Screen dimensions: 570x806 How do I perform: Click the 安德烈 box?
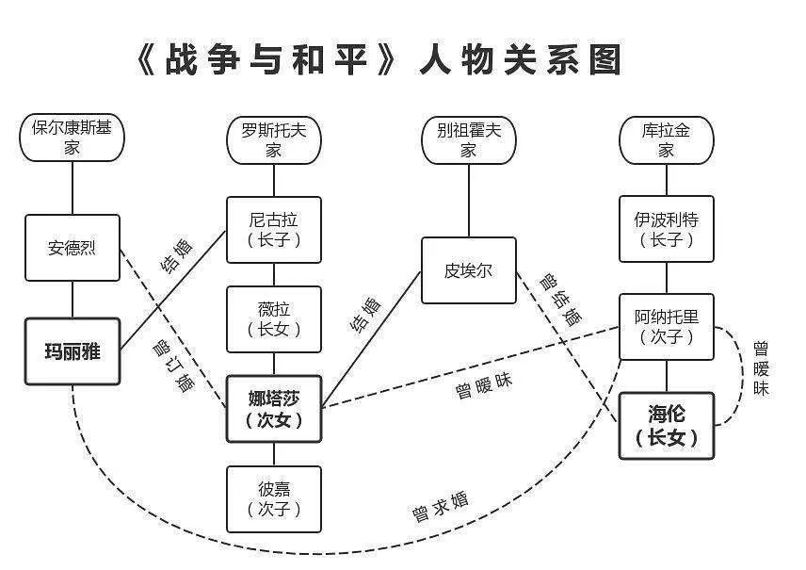pos(73,248)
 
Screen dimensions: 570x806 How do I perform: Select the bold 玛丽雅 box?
pos(73,351)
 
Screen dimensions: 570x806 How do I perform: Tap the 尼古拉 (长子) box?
pos(274,229)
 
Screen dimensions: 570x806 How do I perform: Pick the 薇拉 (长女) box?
pos(274,318)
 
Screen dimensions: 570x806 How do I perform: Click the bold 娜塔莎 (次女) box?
pos(274,408)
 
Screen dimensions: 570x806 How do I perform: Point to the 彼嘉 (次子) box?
pos(274,498)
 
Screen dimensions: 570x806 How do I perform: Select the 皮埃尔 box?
pos(468,270)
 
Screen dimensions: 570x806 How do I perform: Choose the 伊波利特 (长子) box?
pos(667,229)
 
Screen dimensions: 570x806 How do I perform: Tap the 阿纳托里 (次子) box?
pos(667,326)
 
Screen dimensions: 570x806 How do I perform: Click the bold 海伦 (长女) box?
pos(667,425)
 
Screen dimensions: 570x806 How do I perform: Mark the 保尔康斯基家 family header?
pos(72,137)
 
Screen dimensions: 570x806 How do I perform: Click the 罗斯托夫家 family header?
pos(274,139)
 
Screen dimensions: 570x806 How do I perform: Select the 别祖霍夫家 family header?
pos(468,139)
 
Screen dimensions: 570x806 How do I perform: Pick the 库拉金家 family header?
pos(667,139)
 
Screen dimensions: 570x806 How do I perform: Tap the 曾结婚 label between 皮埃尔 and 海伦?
pos(559,300)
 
